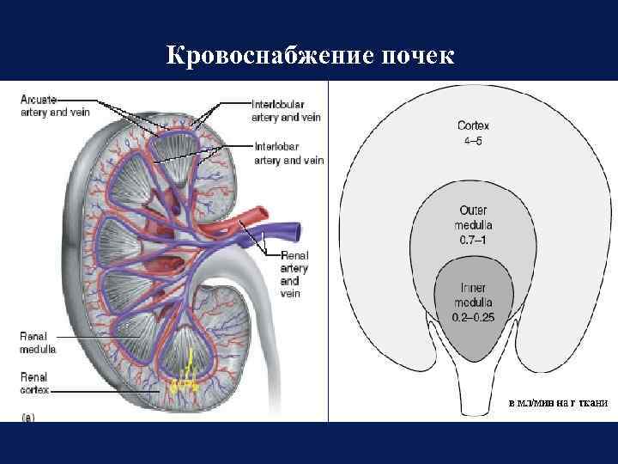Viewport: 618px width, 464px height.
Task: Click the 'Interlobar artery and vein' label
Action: pos(288,153)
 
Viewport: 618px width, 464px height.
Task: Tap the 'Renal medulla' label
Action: pos(39,343)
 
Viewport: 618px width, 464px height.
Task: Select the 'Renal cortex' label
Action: pos(36,382)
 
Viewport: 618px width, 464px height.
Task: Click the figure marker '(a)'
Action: pos(29,416)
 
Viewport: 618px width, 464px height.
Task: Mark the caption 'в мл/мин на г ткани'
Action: pos(557,402)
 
